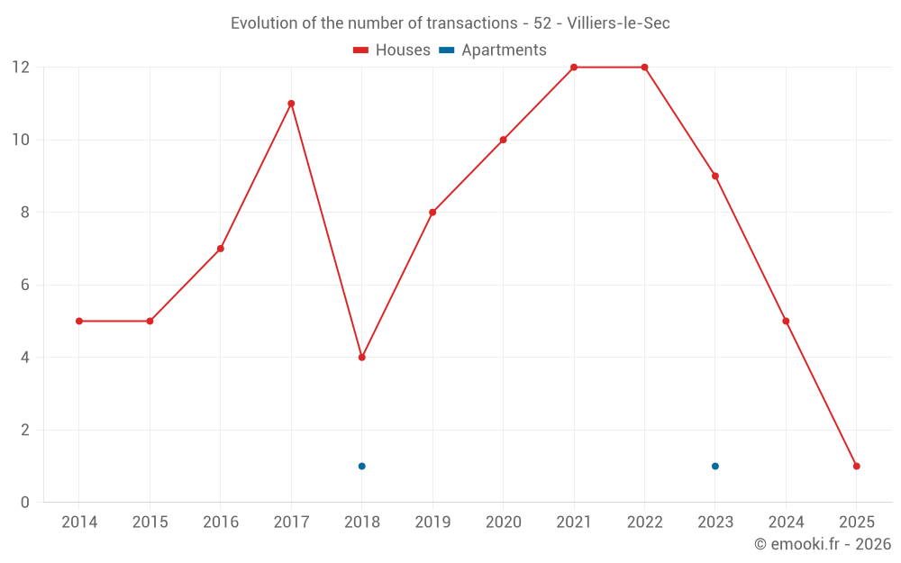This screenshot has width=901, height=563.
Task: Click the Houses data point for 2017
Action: [x=291, y=104]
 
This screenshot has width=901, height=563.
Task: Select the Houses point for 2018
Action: [x=361, y=358]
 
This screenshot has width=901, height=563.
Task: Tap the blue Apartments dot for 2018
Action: [x=361, y=466]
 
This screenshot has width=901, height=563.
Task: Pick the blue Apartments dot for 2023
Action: [x=715, y=466]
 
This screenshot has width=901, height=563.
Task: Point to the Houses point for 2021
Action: [x=574, y=68]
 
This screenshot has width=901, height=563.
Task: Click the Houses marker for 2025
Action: [x=857, y=466]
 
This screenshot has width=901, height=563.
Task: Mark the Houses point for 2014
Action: [x=79, y=321]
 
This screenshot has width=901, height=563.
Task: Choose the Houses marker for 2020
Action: [x=503, y=140]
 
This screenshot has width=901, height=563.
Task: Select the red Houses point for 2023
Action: [x=715, y=176]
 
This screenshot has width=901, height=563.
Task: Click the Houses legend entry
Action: [x=392, y=50]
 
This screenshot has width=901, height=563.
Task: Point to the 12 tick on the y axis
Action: [x=21, y=68]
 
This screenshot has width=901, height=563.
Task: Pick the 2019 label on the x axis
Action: [x=432, y=522]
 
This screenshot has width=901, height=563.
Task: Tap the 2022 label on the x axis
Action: [x=644, y=522]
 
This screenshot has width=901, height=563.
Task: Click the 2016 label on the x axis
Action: [x=221, y=522]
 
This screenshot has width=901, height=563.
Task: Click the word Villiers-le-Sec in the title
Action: [x=618, y=23]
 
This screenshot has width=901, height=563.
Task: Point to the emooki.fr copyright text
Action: [x=823, y=544]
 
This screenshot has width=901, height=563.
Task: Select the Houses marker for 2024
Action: [x=786, y=321]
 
